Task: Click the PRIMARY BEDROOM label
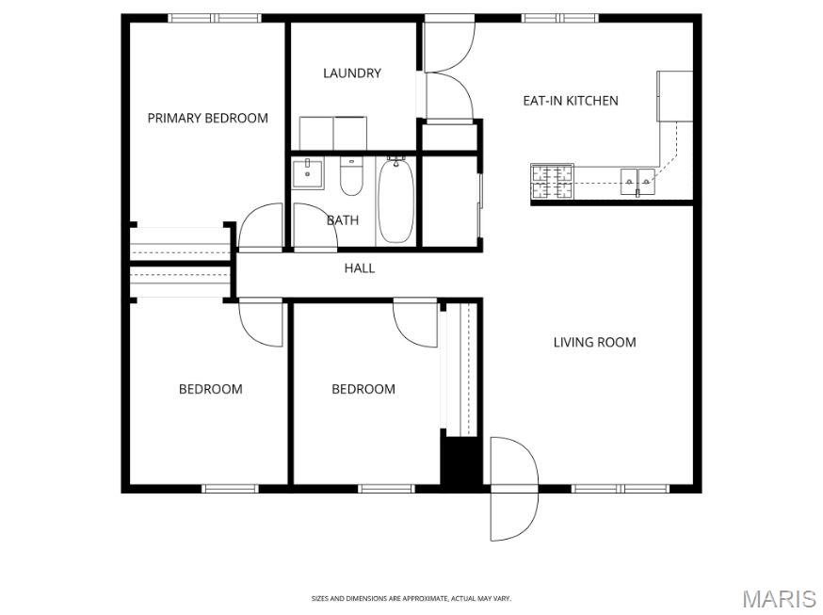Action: click(x=207, y=118)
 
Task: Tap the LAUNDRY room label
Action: click(x=351, y=73)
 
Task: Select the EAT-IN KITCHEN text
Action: click(x=571, y=101)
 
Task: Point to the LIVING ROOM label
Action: click(x=595, y=342)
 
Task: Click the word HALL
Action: click(x=360, y=268)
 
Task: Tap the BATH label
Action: click(x=343, y=220)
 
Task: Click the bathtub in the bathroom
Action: click(x=395, y=201)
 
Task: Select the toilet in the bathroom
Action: click(x=351, y=176)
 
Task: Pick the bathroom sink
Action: click(x=308, y=173)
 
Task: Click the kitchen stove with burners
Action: click(x=552, y=182)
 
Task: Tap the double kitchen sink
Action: click(x=637, y=182)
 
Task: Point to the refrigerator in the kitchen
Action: click(x=675, y=96)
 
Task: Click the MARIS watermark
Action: click(x=780, y=599)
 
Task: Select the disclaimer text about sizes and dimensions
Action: click(x=411, y=598)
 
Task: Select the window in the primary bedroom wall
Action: click(x=215, y=18)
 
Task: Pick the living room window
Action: click(x=621, y=489)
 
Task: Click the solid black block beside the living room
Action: click(x=460, y=461)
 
